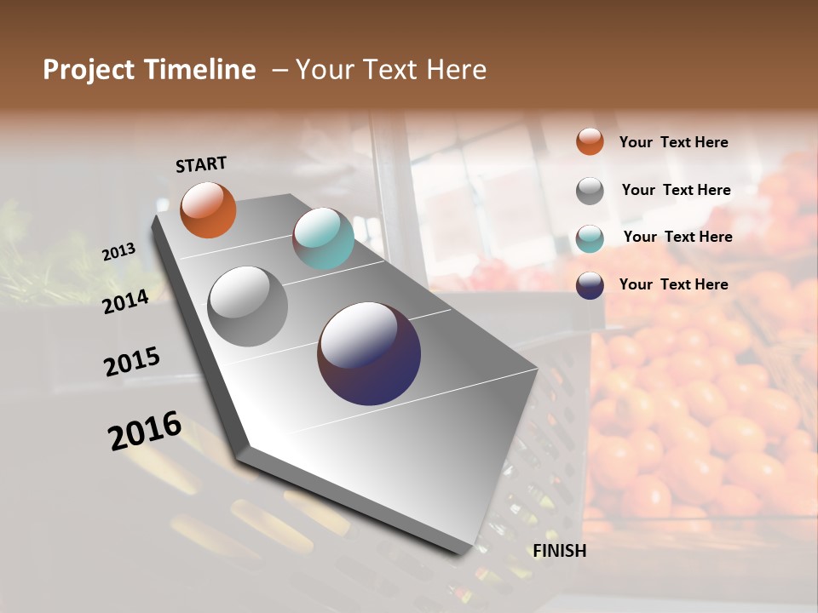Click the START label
coord(201,164)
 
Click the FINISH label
coord(559,551)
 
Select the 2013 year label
coord(118,251)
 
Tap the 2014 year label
coord(125,301)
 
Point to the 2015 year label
coord(131,361)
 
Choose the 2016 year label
coord(144,431)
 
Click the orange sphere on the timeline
coord(208,209)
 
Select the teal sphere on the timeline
coord(323,238)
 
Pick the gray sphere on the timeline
coord(248,306)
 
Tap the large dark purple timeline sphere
coord(369,353)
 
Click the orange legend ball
coord(590,141)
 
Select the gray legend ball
coord(590,191)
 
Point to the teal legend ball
coord(590,238)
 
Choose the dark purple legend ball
coord(590,285)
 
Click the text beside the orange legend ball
coord(673,142)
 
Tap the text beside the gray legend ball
coord(676,190)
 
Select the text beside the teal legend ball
coord(677,237)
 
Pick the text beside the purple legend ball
coord(673,284)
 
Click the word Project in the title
coord(89,70)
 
